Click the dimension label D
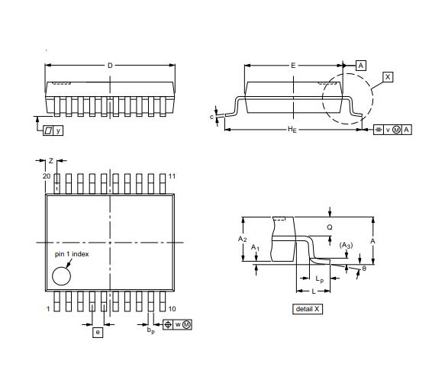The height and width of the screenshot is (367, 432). click(x=110, y=66)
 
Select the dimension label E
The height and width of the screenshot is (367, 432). click(x=293, y=66)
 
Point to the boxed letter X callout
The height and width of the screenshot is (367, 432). click(x=388, y=77)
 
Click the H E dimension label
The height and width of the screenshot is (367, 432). click(x=292, y=130)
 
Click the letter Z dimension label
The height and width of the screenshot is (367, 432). click(x=51, y=161)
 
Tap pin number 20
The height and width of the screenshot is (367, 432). click(x=46, y=176)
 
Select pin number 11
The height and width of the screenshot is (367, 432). click(x=172, y=176)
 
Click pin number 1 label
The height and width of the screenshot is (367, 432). click(x=48, y=308)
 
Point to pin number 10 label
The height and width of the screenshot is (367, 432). click(x=172, y=308)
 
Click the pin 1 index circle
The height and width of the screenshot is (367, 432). click(x=61, y=275)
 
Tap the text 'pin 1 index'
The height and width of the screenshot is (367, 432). click(x=71, y=253)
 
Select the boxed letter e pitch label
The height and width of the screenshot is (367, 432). click(x=98, y=332)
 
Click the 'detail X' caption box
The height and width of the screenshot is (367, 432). click(x=308, y=309)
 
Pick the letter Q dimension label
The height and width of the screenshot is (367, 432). click(x=330, y=227)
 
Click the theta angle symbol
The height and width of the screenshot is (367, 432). click(x=364, y=268)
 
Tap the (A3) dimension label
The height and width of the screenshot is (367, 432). click(x=346, y=245)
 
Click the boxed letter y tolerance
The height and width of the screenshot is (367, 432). click(x=58, y=130)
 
